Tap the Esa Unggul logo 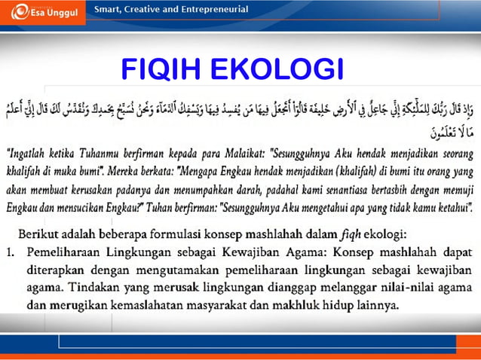pyautogui.click(x=41, y=12)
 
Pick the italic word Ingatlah pyautogui.click(x=32, y=154)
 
